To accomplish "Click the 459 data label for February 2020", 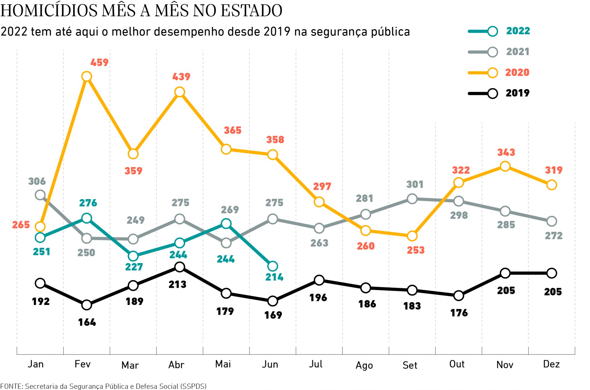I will tap(99, 63).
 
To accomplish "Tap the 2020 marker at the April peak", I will tap(179, 92).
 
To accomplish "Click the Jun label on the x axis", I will tap(270, 364).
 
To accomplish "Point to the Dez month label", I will tap(551, 364).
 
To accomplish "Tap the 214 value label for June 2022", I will tap(274, 277).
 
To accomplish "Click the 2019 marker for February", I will tap(87, 305).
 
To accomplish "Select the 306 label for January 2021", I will tap(37, 181).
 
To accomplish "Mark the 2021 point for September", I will tap(412, 199).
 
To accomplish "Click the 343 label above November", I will tap(506, 152).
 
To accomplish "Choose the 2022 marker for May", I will tap(226, 224).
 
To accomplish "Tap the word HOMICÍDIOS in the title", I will tap(49, 10).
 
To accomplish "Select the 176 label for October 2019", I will tap(459, 313).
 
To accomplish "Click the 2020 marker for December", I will tap(552, 185).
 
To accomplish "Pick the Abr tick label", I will tap(176, 365).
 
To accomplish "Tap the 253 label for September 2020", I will tap(415, 250).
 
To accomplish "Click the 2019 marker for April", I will tap(179, 267).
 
